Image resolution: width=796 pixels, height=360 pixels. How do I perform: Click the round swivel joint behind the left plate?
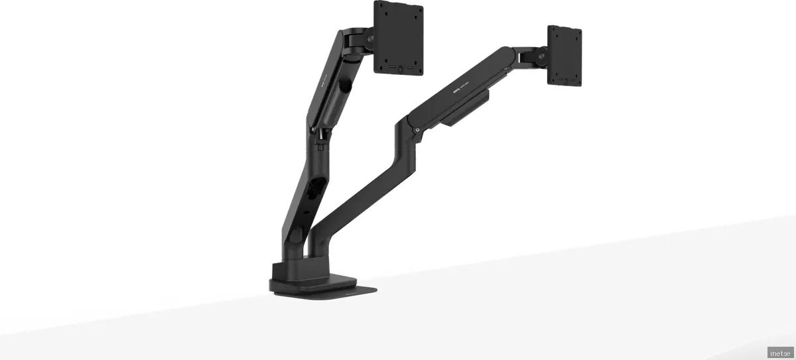(x=364, y=43)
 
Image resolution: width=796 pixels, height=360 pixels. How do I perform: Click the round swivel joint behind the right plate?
(x=541, y=58)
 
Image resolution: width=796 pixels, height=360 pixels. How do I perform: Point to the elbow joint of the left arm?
(x=318, y=133)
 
